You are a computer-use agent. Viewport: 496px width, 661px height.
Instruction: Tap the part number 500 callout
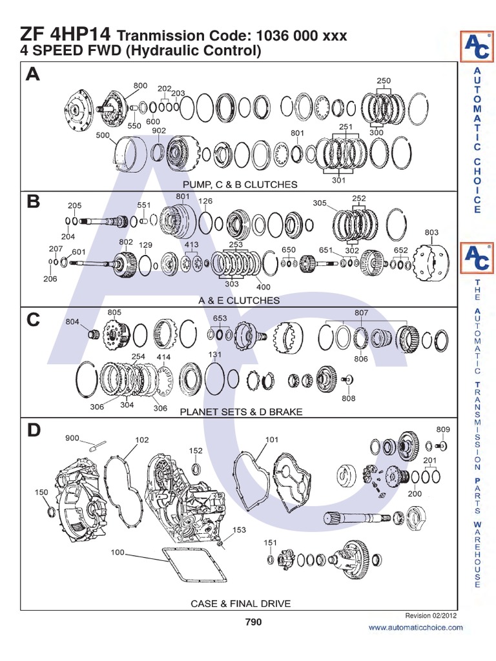coord(102,136)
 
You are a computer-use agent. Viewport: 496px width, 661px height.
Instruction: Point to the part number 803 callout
coord(431,232)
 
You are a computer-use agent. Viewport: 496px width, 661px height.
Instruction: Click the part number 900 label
coord(72,438)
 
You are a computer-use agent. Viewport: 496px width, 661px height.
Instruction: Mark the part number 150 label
coord(41,493)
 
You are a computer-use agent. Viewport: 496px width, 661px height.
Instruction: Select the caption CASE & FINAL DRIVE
coord(240,604)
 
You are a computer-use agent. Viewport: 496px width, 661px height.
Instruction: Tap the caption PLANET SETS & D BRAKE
coord(240,411)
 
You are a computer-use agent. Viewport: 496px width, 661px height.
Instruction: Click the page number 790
coord(253,622)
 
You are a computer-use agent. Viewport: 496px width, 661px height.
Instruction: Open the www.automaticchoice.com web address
coord(416,627)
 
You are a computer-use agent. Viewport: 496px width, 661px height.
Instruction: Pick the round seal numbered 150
coord(52,513)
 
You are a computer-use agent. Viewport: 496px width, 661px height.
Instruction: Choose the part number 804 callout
coord(72,321)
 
